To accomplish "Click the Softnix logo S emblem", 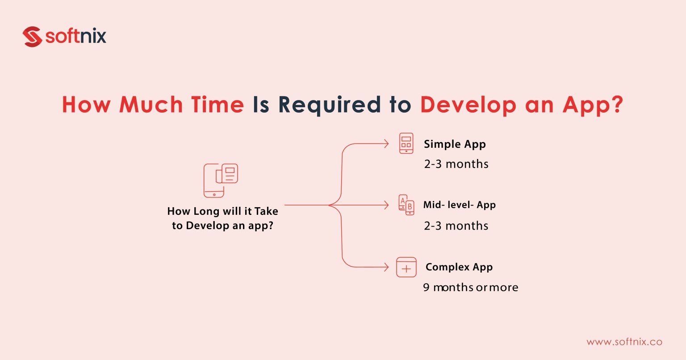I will point(32,37).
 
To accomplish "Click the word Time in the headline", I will point(218,105).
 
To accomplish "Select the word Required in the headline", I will point(329,105).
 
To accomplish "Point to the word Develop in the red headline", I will point(468,105).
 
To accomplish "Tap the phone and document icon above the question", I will point(221,180).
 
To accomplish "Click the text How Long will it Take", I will point(222,211).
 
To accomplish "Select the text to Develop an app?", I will point(222,226).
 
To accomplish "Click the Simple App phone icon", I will point(406,143).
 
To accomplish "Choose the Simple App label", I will point(455,144).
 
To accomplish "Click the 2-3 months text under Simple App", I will point(456,164).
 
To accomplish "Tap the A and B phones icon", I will point(406,205).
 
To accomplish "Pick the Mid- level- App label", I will point(459,205).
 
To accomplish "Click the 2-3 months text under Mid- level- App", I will point(456,226).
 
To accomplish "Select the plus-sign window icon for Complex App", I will point(406,268).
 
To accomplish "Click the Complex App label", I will point(459,267).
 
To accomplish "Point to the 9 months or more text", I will point(470,287).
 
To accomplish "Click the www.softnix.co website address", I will point(624,342).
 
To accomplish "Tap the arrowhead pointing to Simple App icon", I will point(386,143).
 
